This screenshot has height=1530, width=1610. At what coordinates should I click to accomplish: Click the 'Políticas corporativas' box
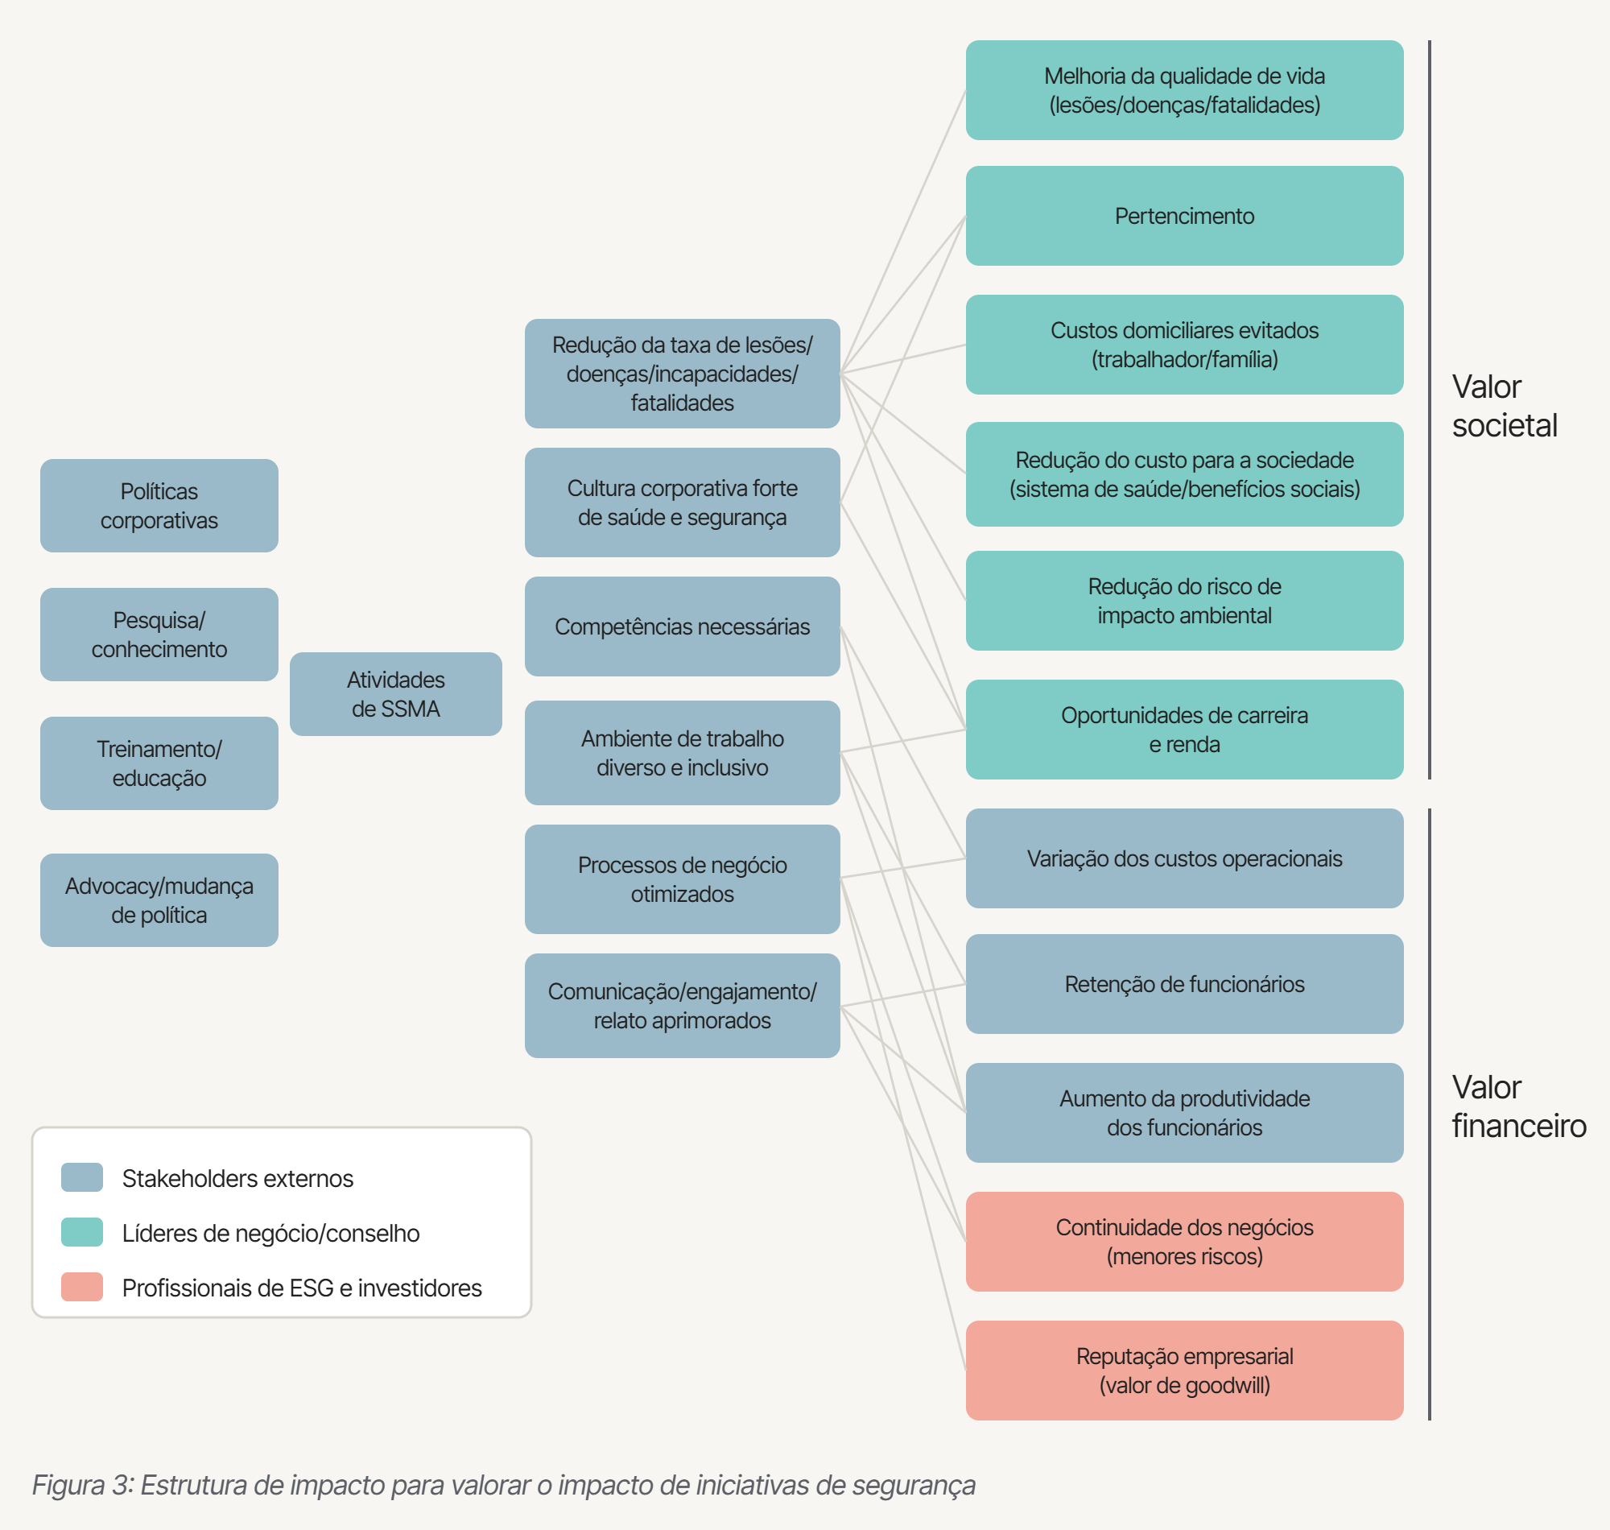pyautogui.click(x=159, y=506)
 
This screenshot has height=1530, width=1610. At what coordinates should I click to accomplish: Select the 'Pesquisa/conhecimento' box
pyautogui.click(x=159, y=635)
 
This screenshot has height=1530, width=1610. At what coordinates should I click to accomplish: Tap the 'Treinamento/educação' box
pyautogui.click(x=159, y=763)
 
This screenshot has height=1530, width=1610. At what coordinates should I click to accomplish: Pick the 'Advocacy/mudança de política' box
pyautogui.click(x=159, y=900)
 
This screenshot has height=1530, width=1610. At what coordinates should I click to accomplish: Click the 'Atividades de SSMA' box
pyautogui.click(x=395, y=694)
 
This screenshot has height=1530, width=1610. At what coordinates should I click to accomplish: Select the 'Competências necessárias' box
pyautogui.click(x=683, y=626)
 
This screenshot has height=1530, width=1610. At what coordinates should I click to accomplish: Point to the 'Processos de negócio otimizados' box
pyautogui.click(x=683, y=879)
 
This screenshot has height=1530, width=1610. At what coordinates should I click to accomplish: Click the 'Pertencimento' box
pyautogui.click(x=1184, y=216)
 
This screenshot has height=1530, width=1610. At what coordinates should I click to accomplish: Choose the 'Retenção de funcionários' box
pyautogui.click(x=1184, y=984)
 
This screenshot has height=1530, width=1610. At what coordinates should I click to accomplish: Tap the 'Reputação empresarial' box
pyautogui.click(x=1184, y=1371)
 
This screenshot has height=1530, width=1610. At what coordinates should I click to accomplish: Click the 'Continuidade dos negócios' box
pyautogui.click(x=1184, y=1242)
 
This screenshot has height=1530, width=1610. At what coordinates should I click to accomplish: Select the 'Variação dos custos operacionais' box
pyautogui.click(x=1184, y=858)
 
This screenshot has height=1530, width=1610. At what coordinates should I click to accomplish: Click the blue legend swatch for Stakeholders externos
pyautogui.click(x=82, y=1177)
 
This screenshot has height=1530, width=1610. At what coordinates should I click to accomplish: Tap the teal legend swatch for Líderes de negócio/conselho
pyautogui.click(x=82, y=1232)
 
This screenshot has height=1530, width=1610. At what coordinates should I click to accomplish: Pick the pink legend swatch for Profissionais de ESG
pyautogui.click(x=82, y=1287)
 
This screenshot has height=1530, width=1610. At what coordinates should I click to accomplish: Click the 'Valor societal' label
pyautogui.click(x=1504, y=406)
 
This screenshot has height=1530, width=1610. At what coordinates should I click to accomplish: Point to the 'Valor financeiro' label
pyautogui.click(x=1519, y=1106)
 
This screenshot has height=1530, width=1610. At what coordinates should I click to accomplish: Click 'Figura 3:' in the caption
pyautogui.click(x=83, y=1485)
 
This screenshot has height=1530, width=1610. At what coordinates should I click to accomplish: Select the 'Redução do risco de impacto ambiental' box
pyautogui.click(x=1184, y=601)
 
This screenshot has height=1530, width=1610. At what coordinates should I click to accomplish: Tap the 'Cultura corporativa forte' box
pyautogui.click(x=683, y=502)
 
